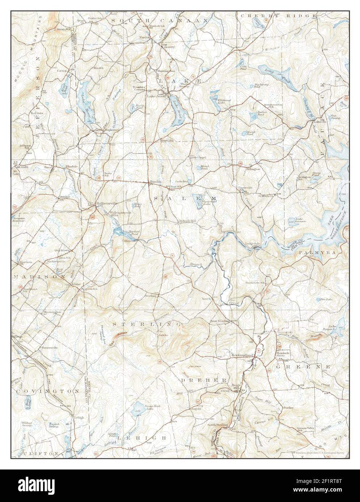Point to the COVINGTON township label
pyautogui.click(x=47, y=391)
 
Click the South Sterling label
pyautogui.click(x=217, y=425)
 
